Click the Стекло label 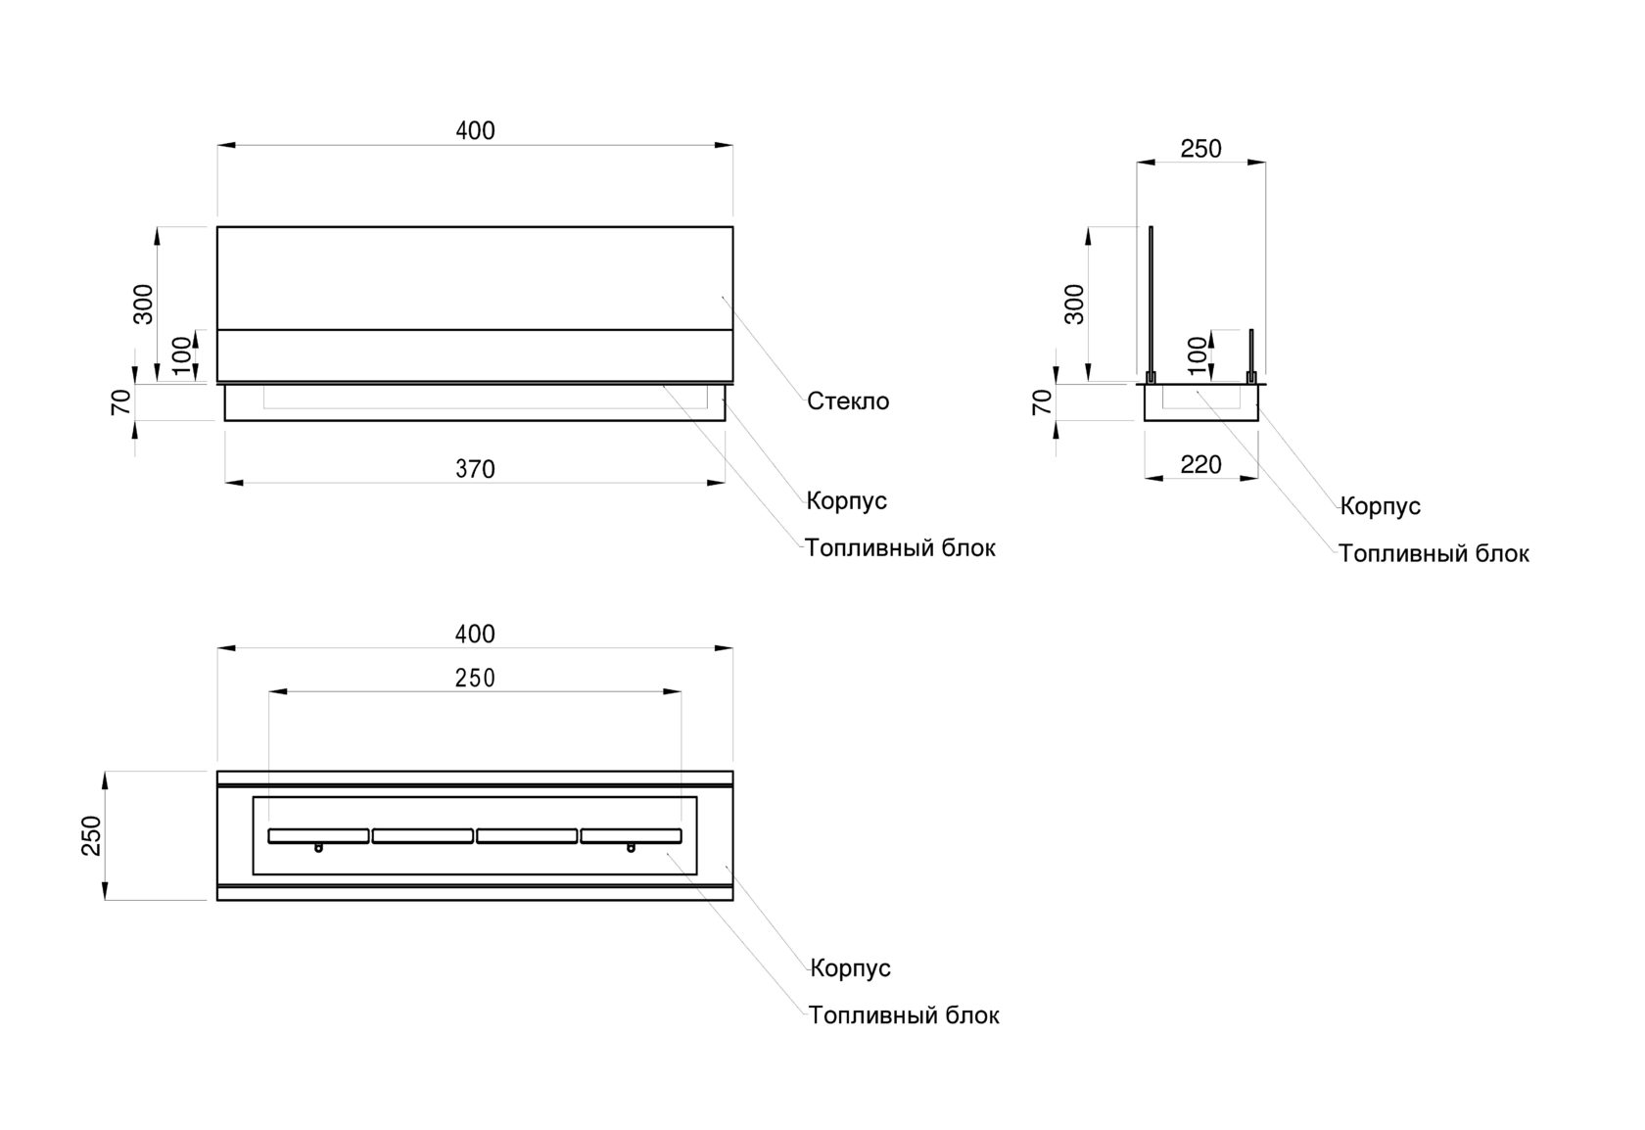(848, 401)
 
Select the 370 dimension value (475, 470)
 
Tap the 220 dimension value (1200, 465)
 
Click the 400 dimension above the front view (475, 131)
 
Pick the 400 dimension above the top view (475, 635)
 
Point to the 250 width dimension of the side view (1200, 149)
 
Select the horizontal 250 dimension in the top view (475, 679)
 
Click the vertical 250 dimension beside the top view (92, 835)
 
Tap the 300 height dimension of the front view (144, 304)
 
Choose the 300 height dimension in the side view (1075, 304)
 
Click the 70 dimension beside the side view (1044, 401)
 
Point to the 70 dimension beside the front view (121, 401)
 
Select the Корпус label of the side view (1380, 507)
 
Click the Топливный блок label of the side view (1433, 554)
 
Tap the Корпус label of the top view (850, 968)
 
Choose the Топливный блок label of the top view (904, 1015)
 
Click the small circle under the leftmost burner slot (318, 848)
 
